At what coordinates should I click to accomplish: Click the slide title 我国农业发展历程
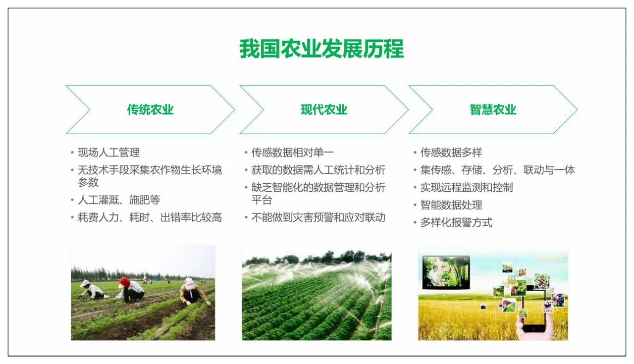click(321, 49)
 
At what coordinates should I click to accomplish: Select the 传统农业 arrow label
click(150, 110)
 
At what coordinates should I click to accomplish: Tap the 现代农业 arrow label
click(324, 110)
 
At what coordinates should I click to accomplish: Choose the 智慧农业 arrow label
click(493, 110)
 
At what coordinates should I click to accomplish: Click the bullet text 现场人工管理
click(108, 153)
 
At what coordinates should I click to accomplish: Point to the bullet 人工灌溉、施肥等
click(119, 200)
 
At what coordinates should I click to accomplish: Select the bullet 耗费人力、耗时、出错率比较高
click(150, 217)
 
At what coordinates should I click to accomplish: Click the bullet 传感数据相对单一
click(293, 153)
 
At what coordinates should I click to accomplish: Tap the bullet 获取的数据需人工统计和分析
click(318, 170)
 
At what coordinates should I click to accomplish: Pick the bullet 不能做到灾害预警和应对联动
click(318, 217)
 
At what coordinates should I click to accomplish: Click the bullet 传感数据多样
click(451, 153)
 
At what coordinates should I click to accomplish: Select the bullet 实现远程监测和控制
click(467, 187)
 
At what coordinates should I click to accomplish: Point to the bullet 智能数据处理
click(451, 205)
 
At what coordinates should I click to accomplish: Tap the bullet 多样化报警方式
click(456, 222)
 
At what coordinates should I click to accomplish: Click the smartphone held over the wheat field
click(534, 310)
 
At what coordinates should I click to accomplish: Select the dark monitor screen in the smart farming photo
click(446, 272)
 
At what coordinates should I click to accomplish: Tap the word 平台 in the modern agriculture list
click(262, 200)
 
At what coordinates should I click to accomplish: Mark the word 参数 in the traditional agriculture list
click(88, 182)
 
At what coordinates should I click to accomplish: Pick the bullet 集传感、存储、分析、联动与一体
click(498, 170)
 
